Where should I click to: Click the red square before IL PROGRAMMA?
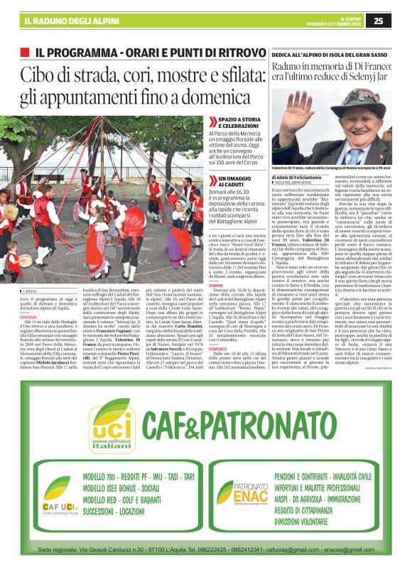click(x=26, y=53)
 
